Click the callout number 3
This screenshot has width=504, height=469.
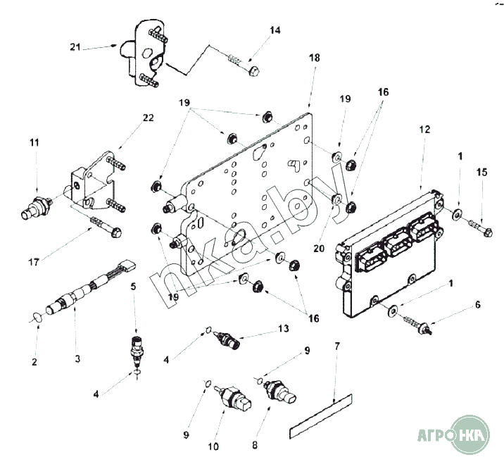coord(77,358)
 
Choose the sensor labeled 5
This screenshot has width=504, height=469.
coord(136,347)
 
